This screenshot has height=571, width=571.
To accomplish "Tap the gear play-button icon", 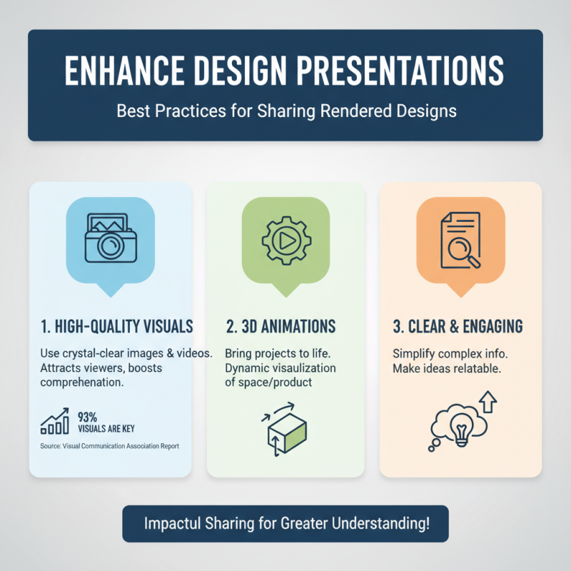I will (285, 240).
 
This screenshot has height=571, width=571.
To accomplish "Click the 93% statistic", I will (87, 416).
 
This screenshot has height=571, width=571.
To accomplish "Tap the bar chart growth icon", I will (55, 422).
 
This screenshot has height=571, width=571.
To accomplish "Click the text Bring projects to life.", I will (275, 354).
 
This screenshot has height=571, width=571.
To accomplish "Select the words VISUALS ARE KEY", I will (106, 429).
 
